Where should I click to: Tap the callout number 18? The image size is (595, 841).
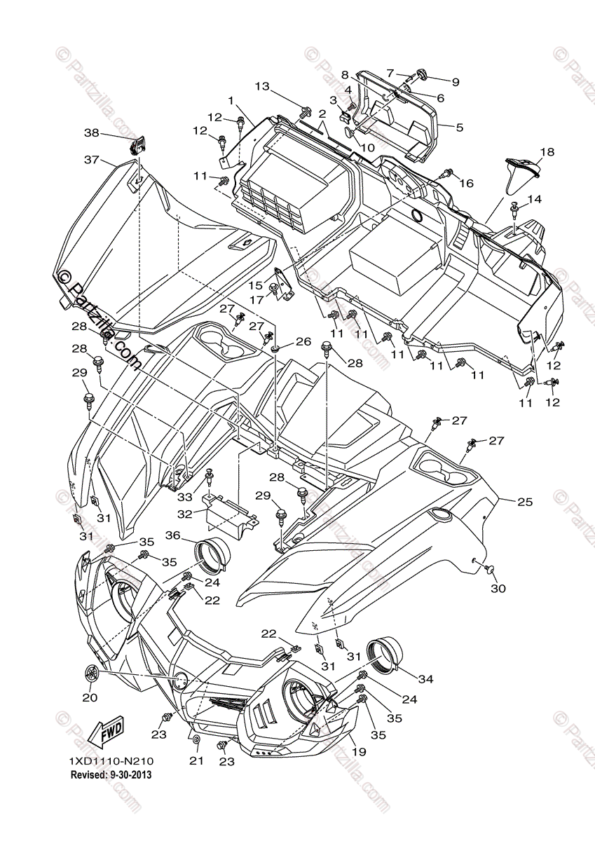[x=547, y=151]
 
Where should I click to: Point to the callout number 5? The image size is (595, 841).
[x=460, y=128]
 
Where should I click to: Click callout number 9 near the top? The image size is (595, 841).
[x=455, y=82]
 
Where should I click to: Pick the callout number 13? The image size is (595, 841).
[x=262, y=87]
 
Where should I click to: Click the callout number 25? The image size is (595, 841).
[x=525, y=502]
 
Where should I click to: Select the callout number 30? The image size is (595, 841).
[x=498, y=589]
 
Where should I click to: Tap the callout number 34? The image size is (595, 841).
[x=427, y=679]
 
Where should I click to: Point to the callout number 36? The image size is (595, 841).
[x=172, y=535]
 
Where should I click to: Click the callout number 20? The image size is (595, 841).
[x=90, y=697]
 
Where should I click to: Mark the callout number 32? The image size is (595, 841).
[x=184, y=514]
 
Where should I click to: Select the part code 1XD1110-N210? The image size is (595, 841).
[x=111, y=761]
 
